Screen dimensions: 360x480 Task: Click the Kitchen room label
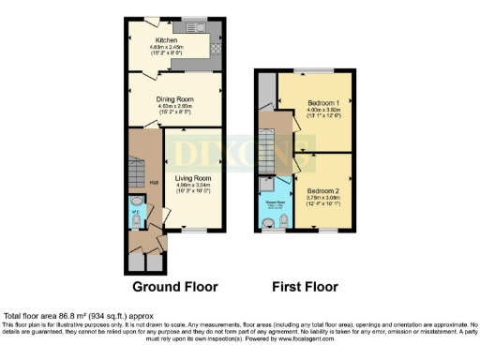(167, 40)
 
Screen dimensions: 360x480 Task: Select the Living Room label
(193, 177)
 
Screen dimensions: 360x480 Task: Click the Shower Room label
(272, 199)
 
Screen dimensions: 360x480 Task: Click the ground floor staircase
(136, 170)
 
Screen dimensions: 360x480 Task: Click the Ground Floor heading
(174, 286)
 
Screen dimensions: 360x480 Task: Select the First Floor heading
(305, 286)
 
